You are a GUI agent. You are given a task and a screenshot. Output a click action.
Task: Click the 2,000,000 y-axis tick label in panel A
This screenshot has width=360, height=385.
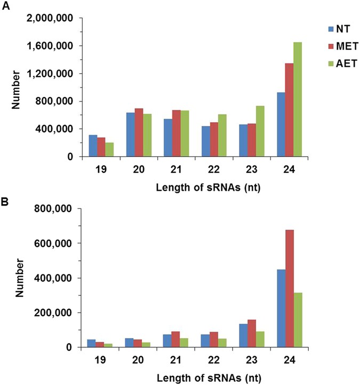51,19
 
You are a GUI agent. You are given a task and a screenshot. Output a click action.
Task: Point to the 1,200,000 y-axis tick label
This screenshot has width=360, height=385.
51,74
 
